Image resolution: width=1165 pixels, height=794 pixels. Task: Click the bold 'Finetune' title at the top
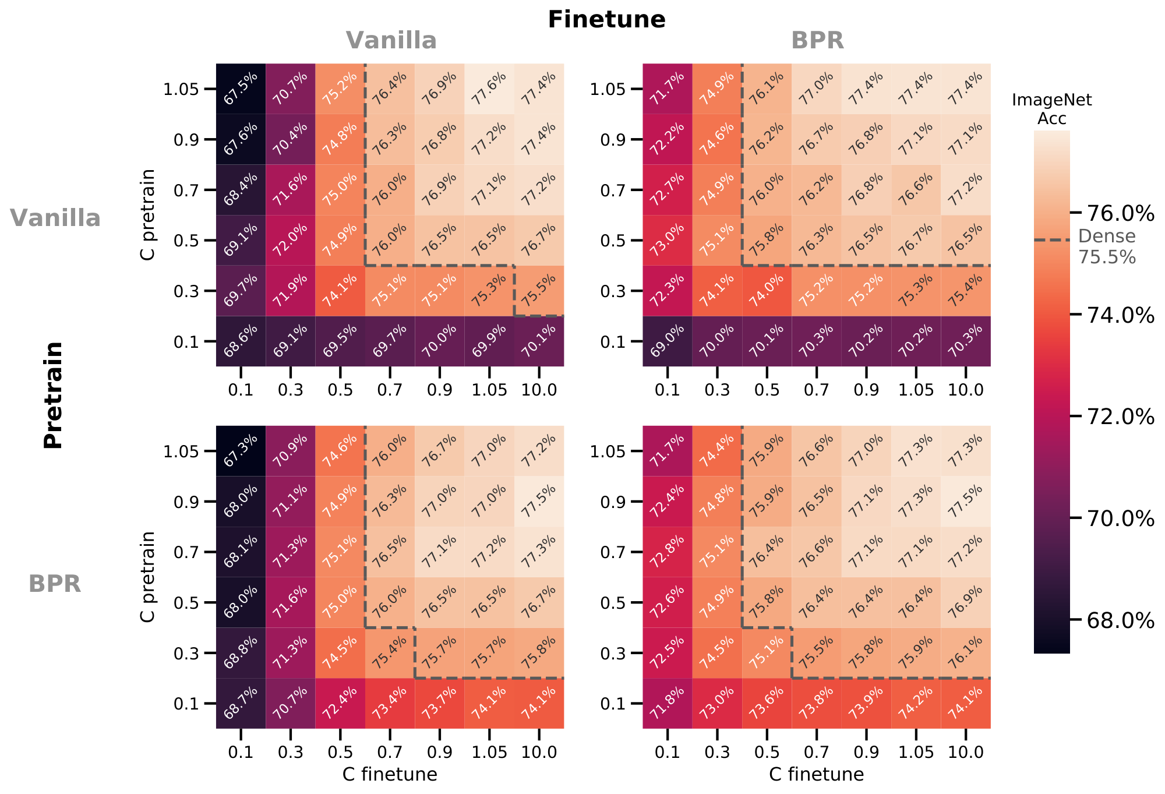pos(606,20)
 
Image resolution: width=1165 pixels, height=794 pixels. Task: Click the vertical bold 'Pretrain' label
pos(54,395)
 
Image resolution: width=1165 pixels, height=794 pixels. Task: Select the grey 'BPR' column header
pos(817,41)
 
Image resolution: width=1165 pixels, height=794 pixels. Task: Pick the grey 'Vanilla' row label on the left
pos(55,218)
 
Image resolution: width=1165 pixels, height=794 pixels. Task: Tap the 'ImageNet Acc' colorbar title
pos(1051,110)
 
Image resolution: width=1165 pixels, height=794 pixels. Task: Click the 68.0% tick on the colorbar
pos(1120,620)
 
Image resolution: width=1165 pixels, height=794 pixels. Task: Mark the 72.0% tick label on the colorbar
pos(1120,417)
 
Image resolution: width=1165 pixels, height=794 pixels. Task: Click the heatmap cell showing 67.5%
pos(241,89)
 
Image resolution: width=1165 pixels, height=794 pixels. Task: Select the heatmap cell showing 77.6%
pos(489,89)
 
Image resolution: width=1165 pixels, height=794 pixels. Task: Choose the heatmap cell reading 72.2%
pos(668,140)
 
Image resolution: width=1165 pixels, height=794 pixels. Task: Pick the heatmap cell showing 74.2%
pos(916,703)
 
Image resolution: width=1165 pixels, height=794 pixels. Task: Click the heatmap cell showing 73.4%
pos(390,703)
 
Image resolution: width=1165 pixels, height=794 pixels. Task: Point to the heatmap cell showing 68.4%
pos(241,190)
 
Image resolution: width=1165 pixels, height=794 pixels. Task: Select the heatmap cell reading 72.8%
pos(668,552)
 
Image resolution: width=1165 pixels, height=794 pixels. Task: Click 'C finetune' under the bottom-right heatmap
pos(816,774)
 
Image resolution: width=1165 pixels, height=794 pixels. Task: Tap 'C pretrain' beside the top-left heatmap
pos(148,214)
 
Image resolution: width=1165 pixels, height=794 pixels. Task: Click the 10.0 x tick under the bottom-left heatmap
pos(539,752)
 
